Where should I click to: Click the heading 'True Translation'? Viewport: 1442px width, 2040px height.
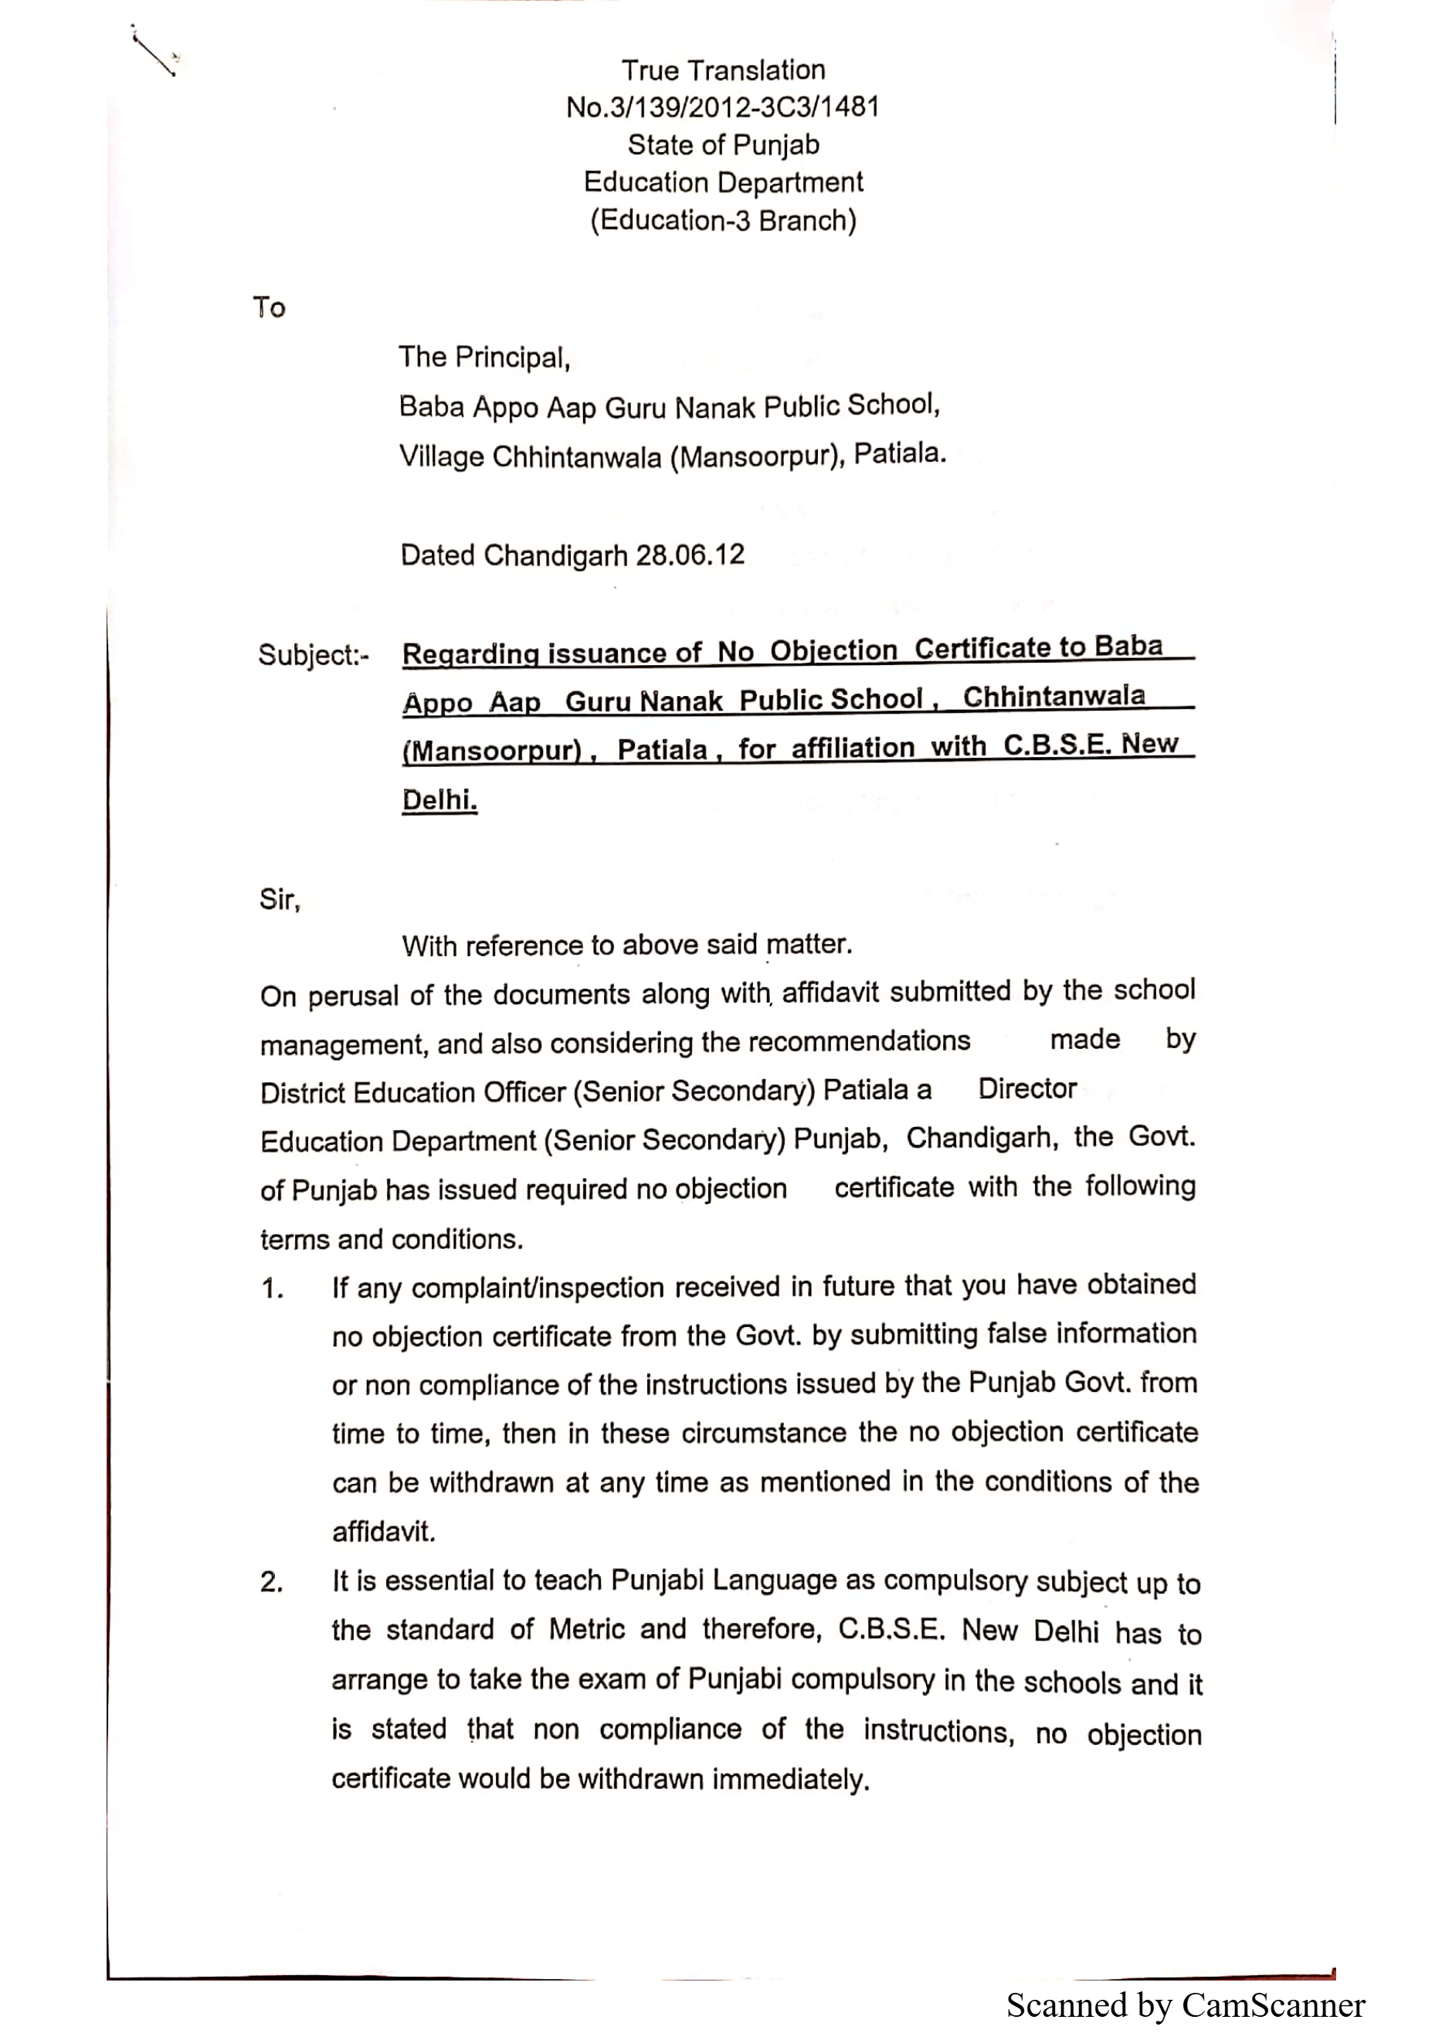pyautogui.click(x=722, y=70)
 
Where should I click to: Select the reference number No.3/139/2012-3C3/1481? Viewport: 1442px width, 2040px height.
pyautogui.click(x=722, y=107)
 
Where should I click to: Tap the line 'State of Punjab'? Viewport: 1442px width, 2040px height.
pyautogui.click(x=722, y=144)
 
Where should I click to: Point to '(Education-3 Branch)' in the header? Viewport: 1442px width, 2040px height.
pyautogui.click(x=722, y=220)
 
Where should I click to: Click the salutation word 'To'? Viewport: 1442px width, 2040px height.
pyautogui.click(x=268, y=307)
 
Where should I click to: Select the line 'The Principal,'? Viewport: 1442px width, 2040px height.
pyautogui.click(x=483, y=357)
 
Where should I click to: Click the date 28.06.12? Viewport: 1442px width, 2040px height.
pyautogui.click(x=690, y=555)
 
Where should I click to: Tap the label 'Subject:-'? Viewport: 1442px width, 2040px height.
pyautogui.click(x=313, y=656)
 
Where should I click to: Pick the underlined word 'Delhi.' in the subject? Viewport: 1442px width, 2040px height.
pyautogui.click(x=439, y=799)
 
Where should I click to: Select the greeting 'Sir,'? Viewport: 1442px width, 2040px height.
pyautogui.click(x=280, y=900)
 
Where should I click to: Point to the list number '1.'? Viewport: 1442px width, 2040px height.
pyautogui.click(x=272, y=1288)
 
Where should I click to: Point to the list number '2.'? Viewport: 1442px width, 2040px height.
pyautogui.click(x=271, y=1583)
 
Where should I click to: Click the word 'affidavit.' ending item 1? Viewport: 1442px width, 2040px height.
pyautogui.click(x=384, y=1532)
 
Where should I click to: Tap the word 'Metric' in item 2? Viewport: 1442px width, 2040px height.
pyautogui.click(x=586, y=1630)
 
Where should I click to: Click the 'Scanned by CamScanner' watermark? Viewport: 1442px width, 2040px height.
pyautogui.click(x=1186, y=2005)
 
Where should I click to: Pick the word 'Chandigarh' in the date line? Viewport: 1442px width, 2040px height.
pyautogui.click(x=555, y=556)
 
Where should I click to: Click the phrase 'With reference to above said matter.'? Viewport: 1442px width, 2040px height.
pyautogui.click(x=626, y=945)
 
